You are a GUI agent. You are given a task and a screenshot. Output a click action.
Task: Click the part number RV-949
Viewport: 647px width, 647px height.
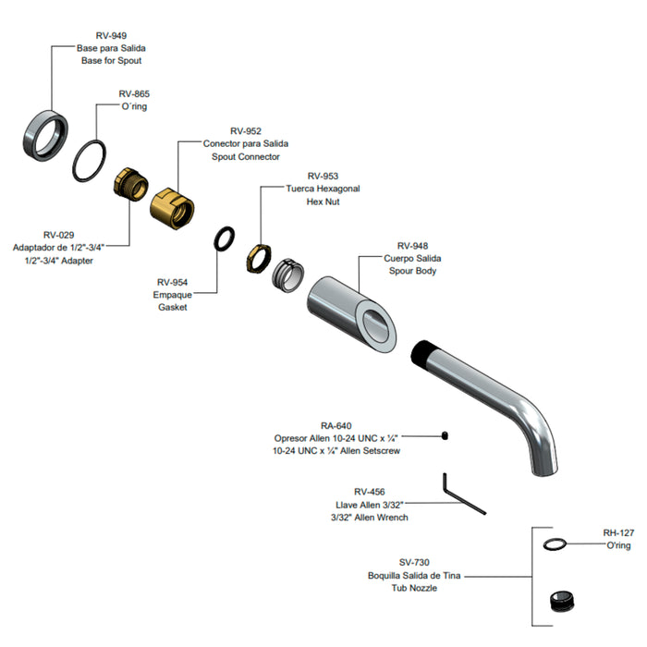click(111, 35)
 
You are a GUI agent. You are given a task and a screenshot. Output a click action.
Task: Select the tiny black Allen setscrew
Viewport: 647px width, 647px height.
click(445, 435)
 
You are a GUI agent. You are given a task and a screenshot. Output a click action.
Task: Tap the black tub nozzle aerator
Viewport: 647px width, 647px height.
click(562, 602)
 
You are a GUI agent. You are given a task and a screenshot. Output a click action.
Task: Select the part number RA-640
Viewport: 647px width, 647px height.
click(336, 426)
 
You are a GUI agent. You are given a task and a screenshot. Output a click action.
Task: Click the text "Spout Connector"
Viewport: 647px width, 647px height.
click(246, 157)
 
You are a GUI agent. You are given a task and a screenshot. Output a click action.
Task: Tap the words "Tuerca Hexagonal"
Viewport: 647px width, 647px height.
click(323, 189)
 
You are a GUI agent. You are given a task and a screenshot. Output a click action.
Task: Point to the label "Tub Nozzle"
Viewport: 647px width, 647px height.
click(414, 588)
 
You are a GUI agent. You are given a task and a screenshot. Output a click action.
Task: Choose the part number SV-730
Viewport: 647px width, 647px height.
click(414, 562)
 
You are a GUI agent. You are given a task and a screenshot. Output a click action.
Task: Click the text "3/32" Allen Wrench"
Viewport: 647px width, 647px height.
click(370, 518)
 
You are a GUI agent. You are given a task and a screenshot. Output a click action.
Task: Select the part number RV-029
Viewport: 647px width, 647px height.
click(58, 235)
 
